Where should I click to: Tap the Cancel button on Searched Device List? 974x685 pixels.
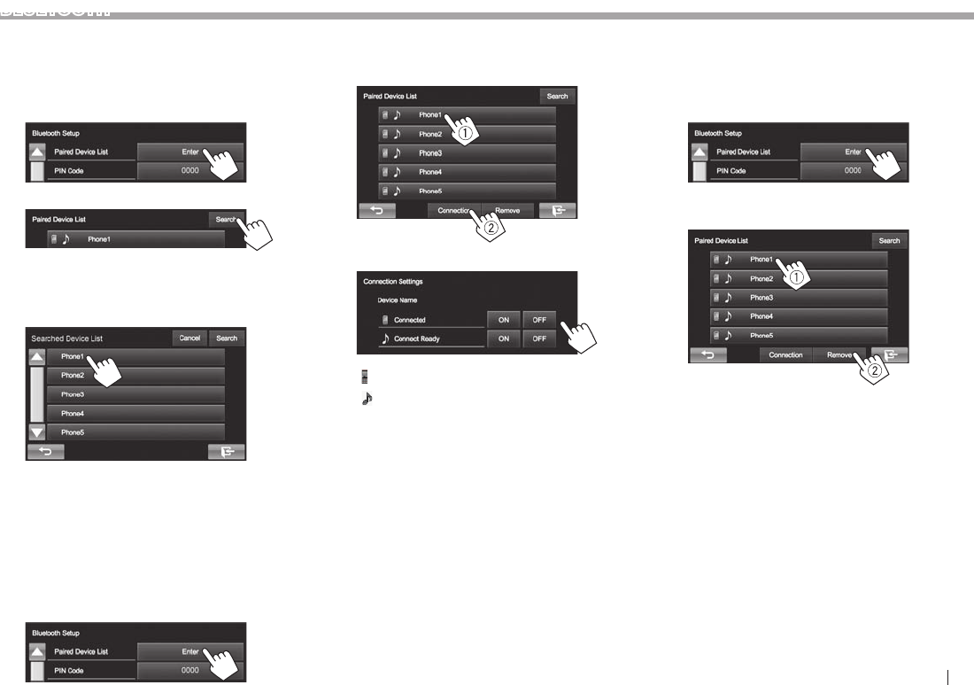[189, 338]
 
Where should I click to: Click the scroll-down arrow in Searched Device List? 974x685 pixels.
[37, 432]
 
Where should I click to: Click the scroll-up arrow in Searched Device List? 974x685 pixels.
[37, 357]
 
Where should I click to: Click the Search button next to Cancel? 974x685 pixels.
[227, 338]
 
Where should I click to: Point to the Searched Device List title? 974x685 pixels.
[67, 339]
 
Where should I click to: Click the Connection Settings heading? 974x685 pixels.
[393, 282]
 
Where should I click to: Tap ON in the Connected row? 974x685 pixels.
[502, 320]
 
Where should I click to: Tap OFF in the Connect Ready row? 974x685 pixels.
[538, 339]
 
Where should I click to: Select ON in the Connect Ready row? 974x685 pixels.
[502, 339]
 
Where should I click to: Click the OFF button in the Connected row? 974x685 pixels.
[538, 320]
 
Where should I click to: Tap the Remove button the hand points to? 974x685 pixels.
[839, 354]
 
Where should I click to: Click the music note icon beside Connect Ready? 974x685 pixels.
[385, 339]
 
